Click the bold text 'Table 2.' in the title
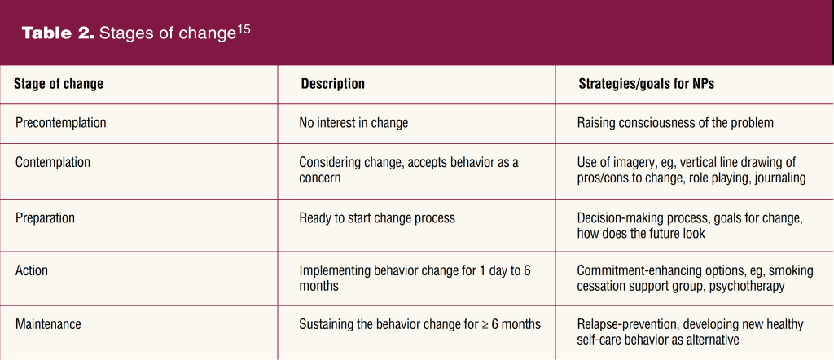58,34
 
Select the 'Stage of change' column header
59,84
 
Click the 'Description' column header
333,84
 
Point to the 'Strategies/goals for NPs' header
646,84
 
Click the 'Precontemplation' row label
60,123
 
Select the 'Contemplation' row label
53,162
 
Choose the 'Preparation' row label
46,218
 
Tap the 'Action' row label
32,270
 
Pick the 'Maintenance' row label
48,324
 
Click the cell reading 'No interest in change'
353,123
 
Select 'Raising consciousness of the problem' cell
675,123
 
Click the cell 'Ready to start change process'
377,218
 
